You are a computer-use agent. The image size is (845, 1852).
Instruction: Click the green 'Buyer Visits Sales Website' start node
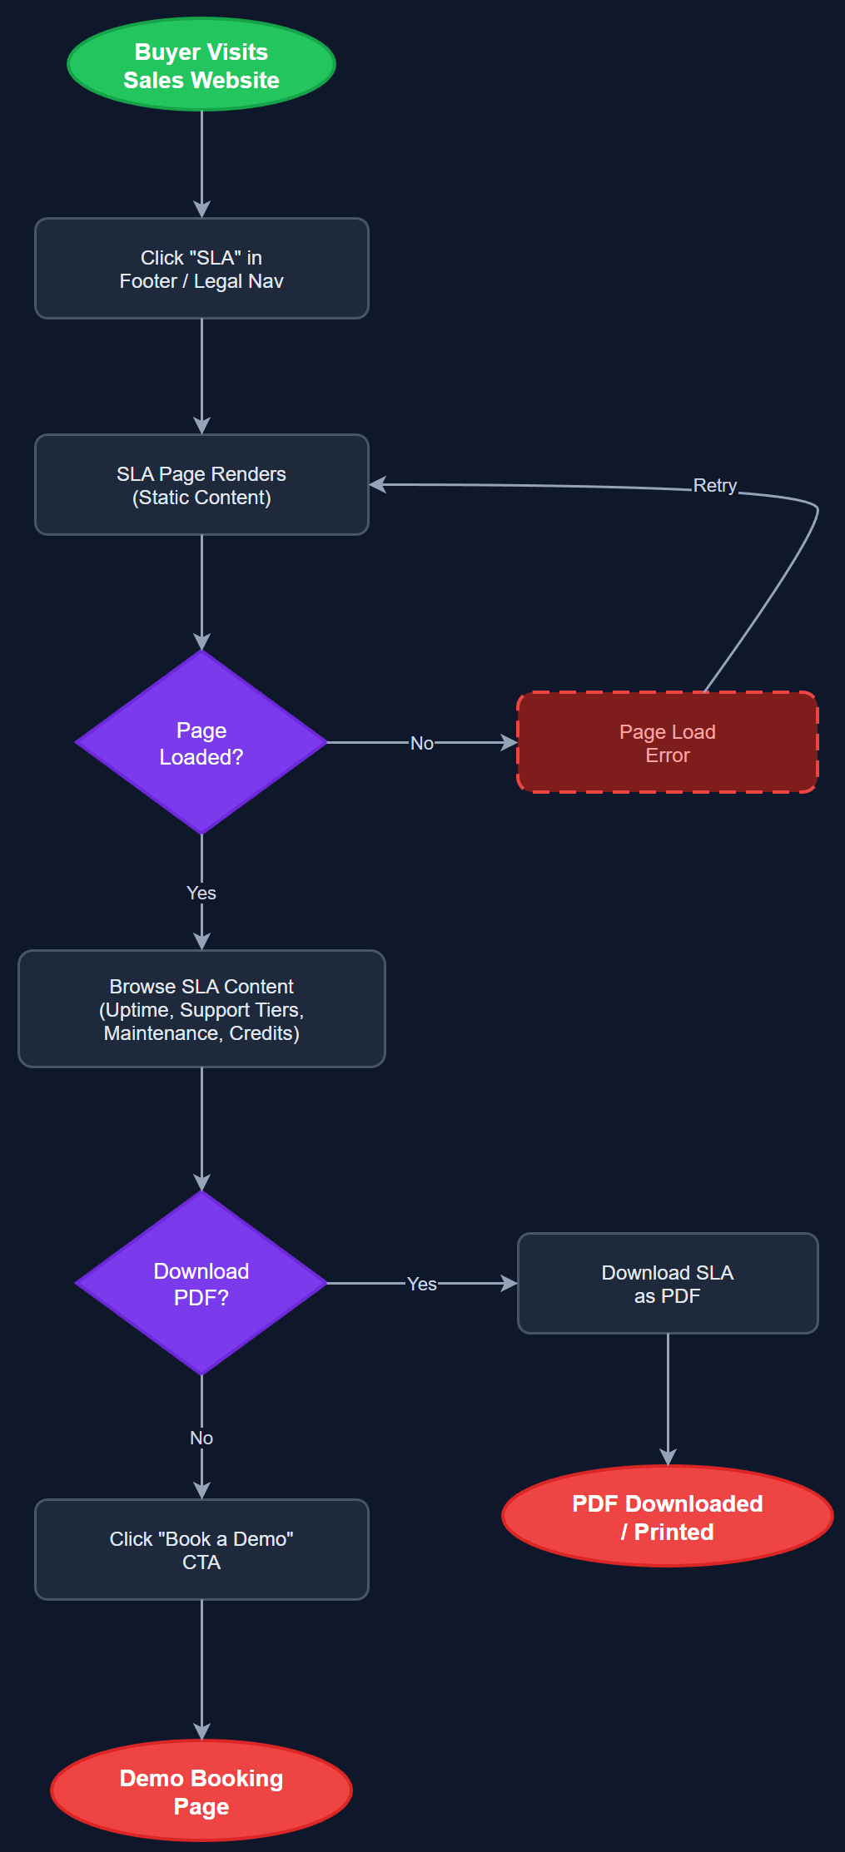[201, 65]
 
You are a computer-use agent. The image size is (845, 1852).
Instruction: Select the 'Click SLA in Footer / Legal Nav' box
[201, 269]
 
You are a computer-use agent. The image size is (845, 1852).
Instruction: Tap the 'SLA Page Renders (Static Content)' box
[201, 485]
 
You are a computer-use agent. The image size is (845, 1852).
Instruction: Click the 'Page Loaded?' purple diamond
[201, 742]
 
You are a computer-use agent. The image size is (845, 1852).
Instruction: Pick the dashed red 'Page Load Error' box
[667, 743]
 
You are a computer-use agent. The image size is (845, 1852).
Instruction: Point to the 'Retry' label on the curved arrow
[714, 486]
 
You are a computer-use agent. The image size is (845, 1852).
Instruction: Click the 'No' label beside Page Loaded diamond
[421, 743]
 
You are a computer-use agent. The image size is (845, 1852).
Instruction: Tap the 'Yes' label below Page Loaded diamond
[201, 893]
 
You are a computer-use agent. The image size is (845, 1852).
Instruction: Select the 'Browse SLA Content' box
[201, 1009]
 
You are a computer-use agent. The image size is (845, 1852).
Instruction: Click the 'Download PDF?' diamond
[201, 1283]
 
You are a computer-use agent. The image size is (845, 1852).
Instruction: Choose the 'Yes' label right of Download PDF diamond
[421, 1284]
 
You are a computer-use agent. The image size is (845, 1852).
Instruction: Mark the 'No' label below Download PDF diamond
[201, 1438]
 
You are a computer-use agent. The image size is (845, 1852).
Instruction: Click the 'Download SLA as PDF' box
[667, 1284]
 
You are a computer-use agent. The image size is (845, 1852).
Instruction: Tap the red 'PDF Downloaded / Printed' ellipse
[667, 1517]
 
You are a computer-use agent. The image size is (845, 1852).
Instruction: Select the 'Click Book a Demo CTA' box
[201, 1550]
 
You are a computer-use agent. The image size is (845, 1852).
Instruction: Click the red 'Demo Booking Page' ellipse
[201, 1791]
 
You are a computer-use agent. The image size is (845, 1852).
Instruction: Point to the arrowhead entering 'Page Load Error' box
[509, 742]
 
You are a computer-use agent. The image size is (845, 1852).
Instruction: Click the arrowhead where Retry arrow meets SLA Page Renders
[377, 484]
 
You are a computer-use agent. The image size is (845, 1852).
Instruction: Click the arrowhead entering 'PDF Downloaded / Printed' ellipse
[668, 1458]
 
